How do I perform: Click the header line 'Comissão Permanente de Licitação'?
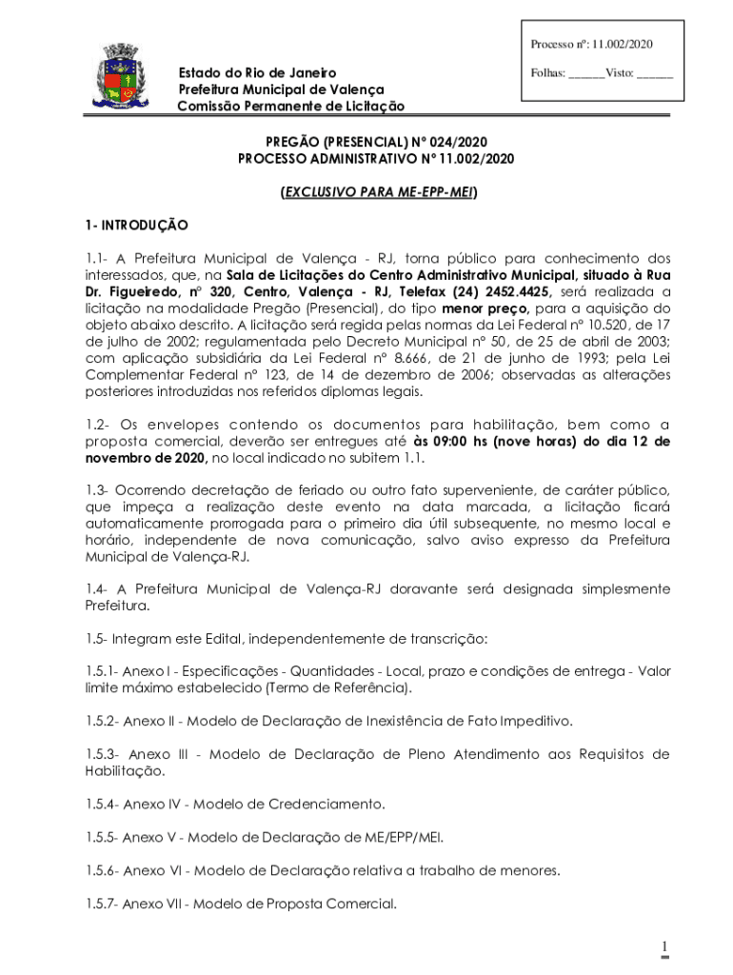point(290,106)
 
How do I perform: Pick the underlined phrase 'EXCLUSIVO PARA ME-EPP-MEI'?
point(378,192)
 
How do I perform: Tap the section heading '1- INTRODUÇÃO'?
point(135,226)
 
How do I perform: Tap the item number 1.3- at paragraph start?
point(97,489)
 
